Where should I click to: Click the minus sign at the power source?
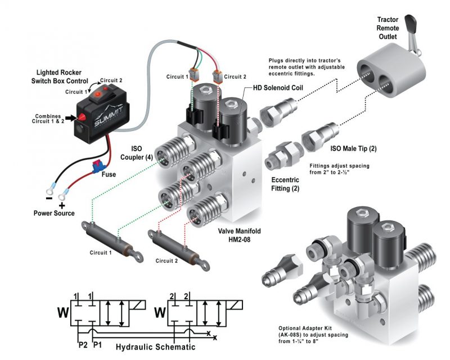click(49, 199)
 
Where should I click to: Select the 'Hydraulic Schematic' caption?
click(155, 347)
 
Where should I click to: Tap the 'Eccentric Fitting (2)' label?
click(285, 184)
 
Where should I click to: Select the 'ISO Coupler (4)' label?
click(138, 153)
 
